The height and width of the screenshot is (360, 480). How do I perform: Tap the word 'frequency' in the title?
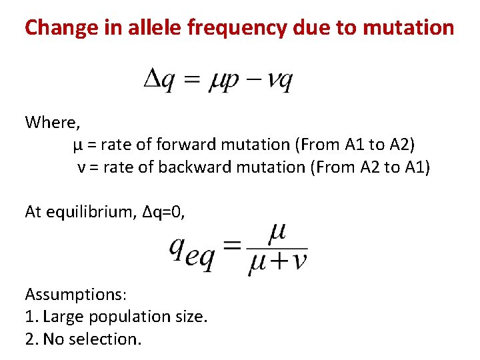click(239, 27)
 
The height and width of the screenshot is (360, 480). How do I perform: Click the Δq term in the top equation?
click(160, 81)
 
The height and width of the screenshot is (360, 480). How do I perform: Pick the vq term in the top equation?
click(279, 81)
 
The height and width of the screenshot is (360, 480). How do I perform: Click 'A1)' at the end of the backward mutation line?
click(418, 167)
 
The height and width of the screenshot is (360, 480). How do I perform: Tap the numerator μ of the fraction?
click(277, 233)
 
